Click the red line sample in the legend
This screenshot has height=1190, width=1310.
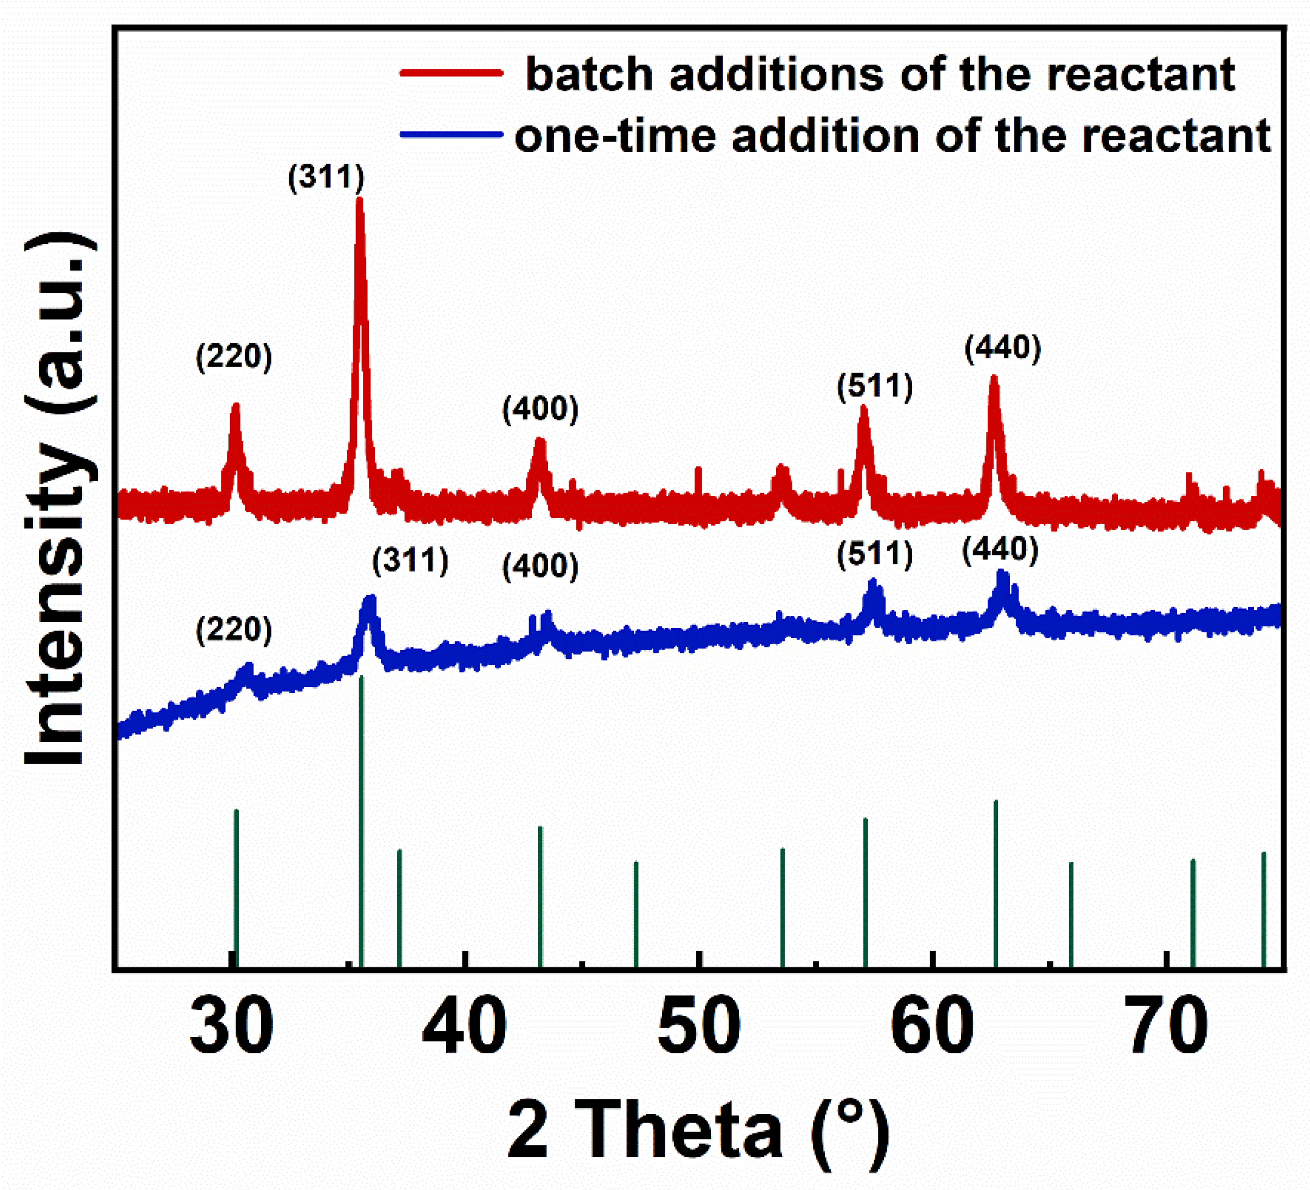(451, 73)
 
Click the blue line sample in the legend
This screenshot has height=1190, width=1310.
(451, 135)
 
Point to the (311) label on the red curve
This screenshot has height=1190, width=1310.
(326, 177)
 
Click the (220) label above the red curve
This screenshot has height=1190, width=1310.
(234, 357)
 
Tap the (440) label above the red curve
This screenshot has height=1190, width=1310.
(1003, 348)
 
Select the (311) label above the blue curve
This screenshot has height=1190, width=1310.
(410, 560)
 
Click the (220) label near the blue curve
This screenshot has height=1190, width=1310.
(234, 629)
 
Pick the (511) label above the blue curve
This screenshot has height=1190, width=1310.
(875, 555)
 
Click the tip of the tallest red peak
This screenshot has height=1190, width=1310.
(360, 200)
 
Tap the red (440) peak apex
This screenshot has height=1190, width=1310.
(994, 379)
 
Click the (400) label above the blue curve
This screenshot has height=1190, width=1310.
(540, 566)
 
